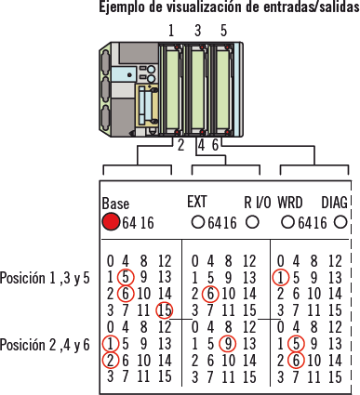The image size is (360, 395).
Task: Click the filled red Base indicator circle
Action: click(x=111, y=222)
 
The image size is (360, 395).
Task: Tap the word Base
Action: click(x=115, y=204)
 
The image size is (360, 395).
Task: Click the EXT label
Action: click(x=197, y=202)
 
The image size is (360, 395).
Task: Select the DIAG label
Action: click(x=334, y=203)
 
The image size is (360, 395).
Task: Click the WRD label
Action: click(x=290, y=203)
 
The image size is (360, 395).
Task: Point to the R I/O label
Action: click(x=258, y=203)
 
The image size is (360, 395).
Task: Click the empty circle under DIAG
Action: click(x=340, y=222)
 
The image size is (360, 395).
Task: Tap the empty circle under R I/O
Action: click(x=252, y=222)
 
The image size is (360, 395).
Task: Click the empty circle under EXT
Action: click(x=198, y=222)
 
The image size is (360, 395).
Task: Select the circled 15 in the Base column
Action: click(x=165, y=310)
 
